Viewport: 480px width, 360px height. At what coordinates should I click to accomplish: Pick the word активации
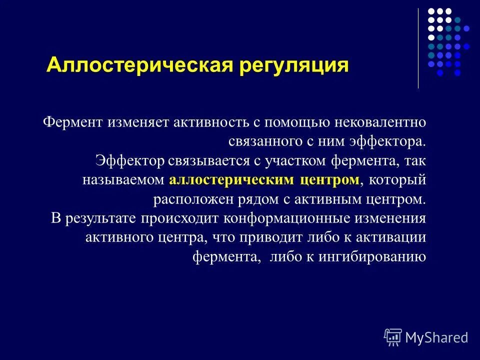click(393, 237)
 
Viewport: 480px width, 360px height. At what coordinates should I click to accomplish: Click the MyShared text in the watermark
click(436, 337)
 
